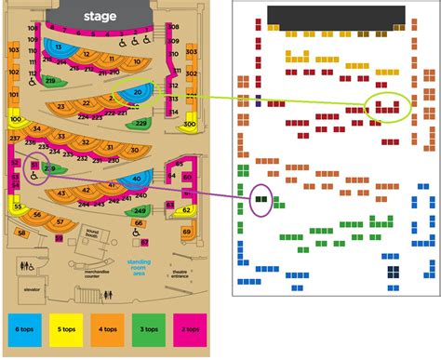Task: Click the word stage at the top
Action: (100, 16)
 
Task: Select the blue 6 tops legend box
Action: (23, 330)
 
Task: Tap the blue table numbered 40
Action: (138, 180)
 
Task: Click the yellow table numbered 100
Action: (16, 120)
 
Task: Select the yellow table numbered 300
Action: (188, 125)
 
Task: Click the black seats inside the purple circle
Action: (262, 198)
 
